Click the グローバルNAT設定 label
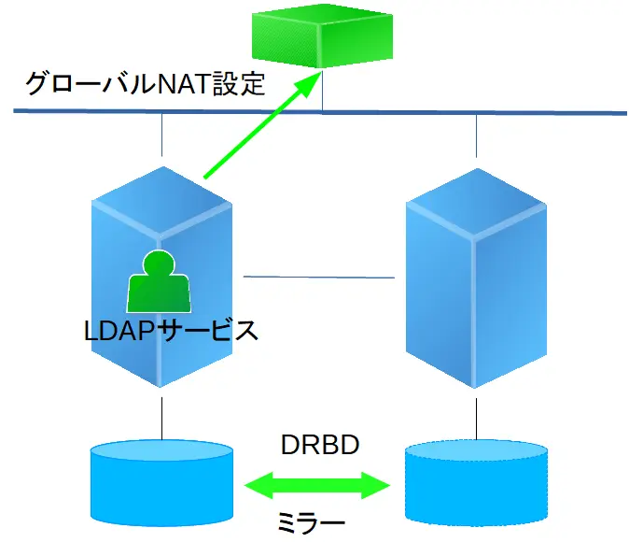[x=145, y=86]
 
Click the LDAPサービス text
[x=168, y=330]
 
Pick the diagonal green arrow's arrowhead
[x=307, y=89]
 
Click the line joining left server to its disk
[x=163, y=417]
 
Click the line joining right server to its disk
[x=476, y=417]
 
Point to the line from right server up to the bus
[x=476, y=138]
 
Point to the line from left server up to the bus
[x=163, y=138]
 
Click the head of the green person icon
[x=160, y=264]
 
